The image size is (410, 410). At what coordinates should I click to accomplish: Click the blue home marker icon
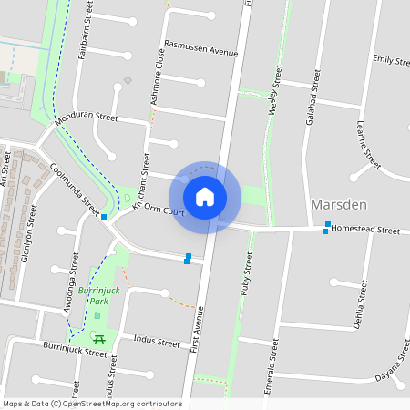tap(205, 196)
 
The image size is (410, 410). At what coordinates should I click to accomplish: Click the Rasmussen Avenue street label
tap(200, 48)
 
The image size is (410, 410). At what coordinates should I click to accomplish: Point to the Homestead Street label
tap(364, 231)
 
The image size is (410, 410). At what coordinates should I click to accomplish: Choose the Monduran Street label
tap(87, 118)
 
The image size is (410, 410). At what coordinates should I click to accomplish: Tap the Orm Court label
tap(165, 211)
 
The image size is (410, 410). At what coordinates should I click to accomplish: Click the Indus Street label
tap(158, 343)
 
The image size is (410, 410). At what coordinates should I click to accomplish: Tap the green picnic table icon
tap(99, 339)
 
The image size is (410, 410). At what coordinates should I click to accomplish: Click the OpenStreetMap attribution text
tap(91, 404)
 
